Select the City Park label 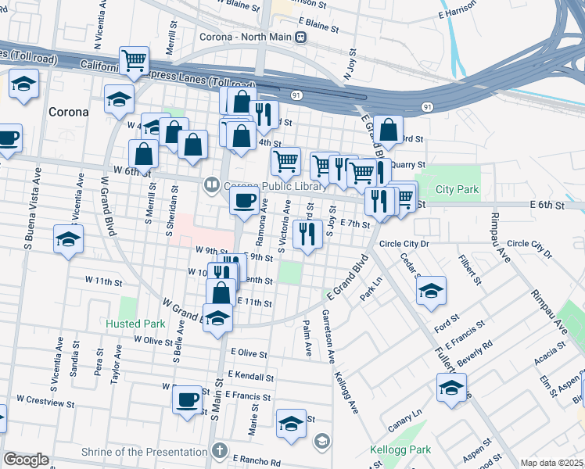click(x=457, y=190)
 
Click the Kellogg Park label click(x=400, y=450)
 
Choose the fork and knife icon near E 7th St click(x=308, y=233)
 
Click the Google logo click(x=26, y=460)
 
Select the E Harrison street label click(x=458, y=13)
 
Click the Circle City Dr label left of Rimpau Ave click(x=405, y=244)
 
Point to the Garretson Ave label click(x=329, y=335)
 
